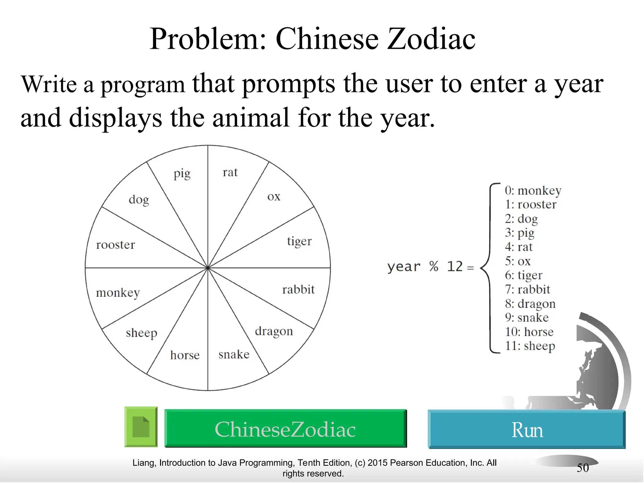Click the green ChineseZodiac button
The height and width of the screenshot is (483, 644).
point(286,429)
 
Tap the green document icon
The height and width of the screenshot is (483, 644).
point(141,427)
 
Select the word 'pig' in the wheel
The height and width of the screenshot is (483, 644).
point(182,174)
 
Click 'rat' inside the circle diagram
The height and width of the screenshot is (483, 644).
point(230,172)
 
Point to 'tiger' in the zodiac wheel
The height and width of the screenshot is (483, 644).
point(299,241)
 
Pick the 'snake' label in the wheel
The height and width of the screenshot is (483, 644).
point(234,354)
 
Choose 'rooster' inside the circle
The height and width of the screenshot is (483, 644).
point(115,245)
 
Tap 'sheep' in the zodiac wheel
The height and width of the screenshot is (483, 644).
point(142,333)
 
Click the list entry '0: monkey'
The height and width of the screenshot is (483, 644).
point(533,191)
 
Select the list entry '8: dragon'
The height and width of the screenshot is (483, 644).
point(530,304)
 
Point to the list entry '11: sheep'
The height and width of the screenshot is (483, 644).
point(530,346)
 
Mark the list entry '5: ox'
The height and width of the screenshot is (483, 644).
point(518,261)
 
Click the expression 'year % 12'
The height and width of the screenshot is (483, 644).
point(425,267)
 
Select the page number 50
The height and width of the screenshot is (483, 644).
point(583,468)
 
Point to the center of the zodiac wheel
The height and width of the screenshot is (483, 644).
point(208,268)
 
